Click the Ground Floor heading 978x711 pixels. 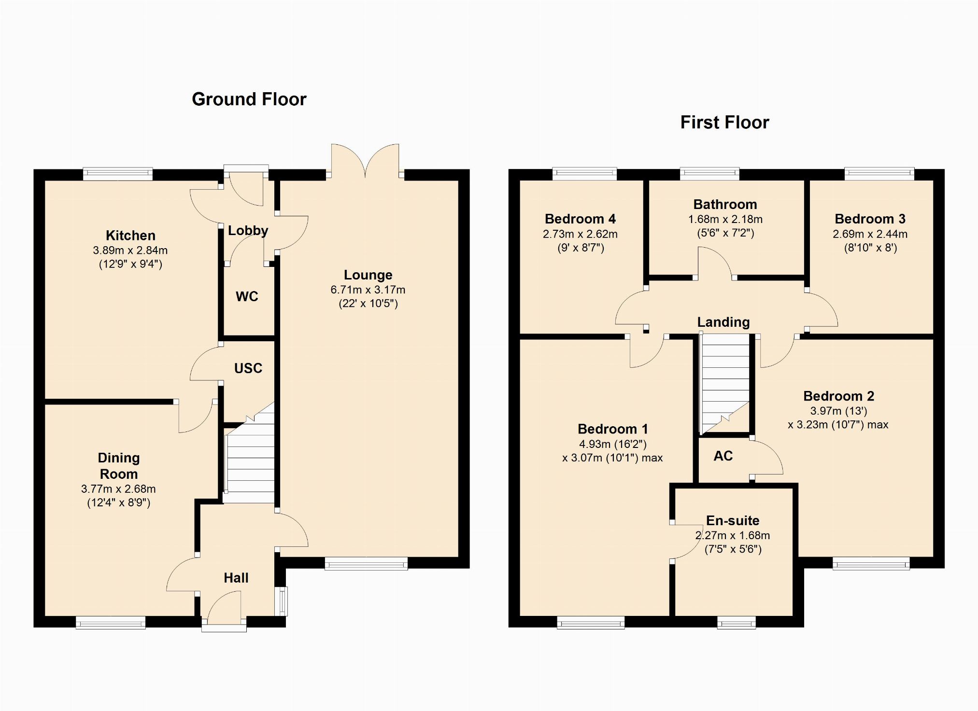[249, 99]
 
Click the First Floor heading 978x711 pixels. [724, 122]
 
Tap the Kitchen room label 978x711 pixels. [130, 236]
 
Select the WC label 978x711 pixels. [247, 296]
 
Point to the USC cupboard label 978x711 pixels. [248, 368]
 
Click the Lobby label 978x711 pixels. [248, 231]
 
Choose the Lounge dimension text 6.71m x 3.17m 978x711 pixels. [368, 290]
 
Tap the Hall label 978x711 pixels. [236, 578]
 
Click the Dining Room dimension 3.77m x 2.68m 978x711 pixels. [118, 489]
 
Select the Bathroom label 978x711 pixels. [725, 205]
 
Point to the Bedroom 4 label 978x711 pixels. [580, 219]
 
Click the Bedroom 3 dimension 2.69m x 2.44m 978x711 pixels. [870, 234]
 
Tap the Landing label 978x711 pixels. [723, 322]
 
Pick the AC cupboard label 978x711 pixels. [723, 456]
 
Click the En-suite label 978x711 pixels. [733, 520]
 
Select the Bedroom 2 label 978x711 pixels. [839, 396]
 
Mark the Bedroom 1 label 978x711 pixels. [613, 429]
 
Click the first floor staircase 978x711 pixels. [724, 384]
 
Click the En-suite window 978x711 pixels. [737, 623]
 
